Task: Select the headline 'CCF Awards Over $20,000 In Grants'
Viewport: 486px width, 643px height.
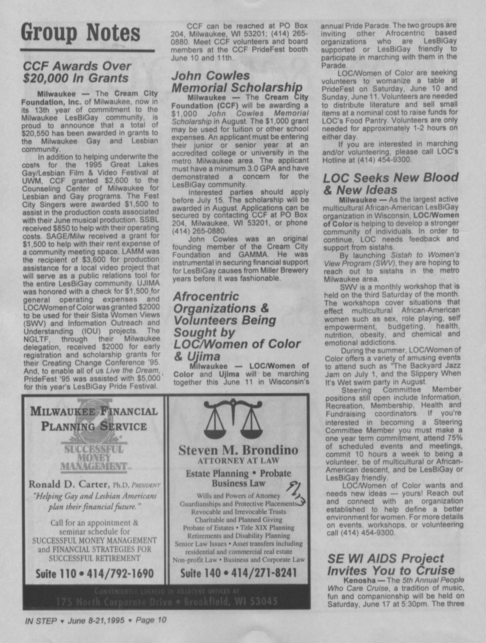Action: point(77,72)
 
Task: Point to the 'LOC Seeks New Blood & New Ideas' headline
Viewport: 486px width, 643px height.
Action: point(390,183)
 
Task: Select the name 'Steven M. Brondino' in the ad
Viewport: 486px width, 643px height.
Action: point(238,450)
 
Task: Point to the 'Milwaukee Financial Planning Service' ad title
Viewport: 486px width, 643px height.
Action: point(94,418)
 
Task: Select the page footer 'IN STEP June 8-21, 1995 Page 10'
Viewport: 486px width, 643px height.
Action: point(95,620)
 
